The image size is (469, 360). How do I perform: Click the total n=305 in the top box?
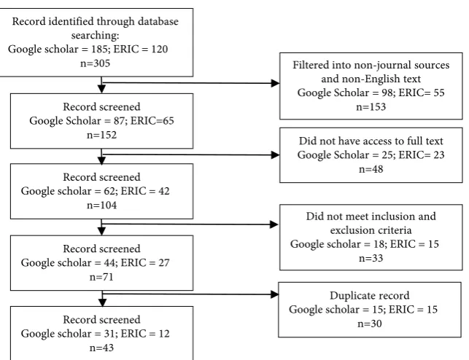95,63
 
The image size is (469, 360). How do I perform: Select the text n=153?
371,107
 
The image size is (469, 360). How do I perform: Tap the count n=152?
101,135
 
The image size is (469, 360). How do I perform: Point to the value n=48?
371,169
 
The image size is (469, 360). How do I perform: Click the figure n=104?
101,206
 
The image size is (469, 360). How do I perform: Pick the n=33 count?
371,258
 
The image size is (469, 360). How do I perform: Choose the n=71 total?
101,277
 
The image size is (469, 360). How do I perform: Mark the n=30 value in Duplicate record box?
370,324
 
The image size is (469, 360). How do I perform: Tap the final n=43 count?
101,348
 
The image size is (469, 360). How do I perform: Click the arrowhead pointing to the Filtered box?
275,83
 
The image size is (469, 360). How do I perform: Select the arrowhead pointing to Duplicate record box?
274,294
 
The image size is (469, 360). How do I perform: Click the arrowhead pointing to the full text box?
275,154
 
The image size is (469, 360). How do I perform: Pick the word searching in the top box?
95,36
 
